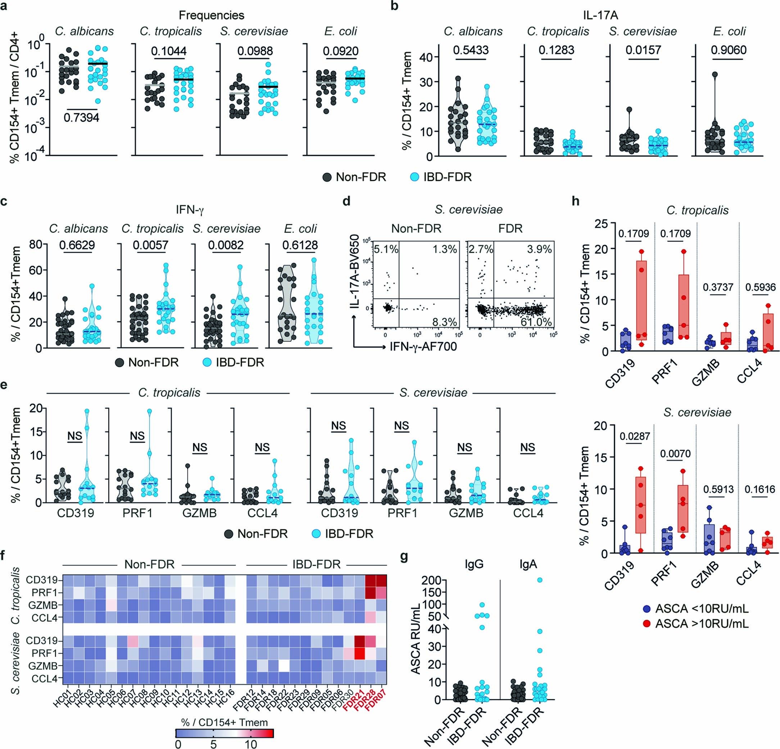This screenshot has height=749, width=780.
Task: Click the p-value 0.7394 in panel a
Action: [81, 118]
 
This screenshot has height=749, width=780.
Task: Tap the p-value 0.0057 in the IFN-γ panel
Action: [150, 245]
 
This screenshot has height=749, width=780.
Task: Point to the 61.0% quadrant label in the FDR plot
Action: [536, 322]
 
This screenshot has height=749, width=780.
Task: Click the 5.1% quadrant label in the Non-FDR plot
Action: [386, 250]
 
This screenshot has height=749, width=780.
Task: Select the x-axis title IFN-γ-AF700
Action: [423, 347]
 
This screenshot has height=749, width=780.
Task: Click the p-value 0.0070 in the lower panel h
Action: [676, 453]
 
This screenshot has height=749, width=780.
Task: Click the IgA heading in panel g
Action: [528, 565]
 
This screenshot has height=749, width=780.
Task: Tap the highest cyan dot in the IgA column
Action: [540, 580]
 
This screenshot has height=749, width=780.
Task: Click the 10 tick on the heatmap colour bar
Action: [251, 744]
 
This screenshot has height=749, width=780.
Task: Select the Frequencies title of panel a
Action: [211, 15]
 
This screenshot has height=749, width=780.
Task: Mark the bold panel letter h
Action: [575, 201]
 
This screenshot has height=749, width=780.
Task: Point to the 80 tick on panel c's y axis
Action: [36, 244]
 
